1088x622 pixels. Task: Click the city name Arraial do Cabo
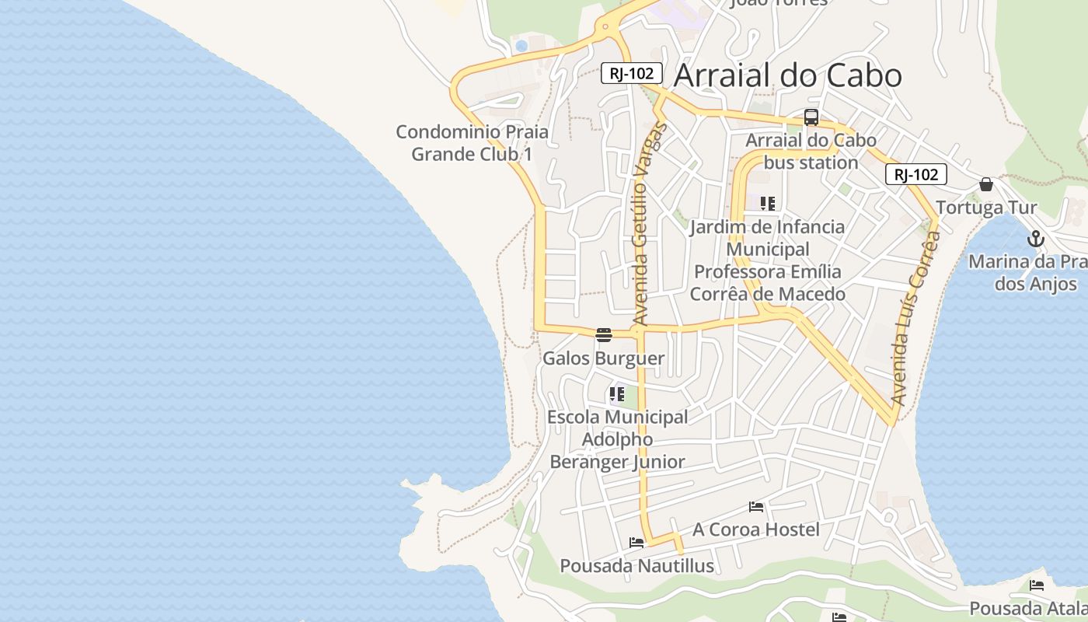787,75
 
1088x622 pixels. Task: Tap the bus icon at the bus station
811,118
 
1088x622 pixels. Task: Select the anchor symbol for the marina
1035,239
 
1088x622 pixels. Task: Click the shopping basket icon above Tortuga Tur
986,184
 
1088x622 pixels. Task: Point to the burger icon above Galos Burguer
604,335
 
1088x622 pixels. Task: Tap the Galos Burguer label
604,358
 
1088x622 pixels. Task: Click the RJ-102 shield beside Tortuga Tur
916,174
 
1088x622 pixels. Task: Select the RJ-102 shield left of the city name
632,74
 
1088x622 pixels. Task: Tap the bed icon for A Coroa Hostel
756,508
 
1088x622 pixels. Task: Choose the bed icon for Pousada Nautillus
637,543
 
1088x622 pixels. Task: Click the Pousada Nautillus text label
637,566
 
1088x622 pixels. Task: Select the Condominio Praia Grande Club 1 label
473,143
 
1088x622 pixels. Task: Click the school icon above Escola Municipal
617,394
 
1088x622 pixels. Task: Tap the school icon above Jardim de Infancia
768,204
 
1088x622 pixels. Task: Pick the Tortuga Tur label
986,208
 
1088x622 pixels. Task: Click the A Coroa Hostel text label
756,529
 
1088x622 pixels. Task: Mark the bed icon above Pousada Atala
1036,585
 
